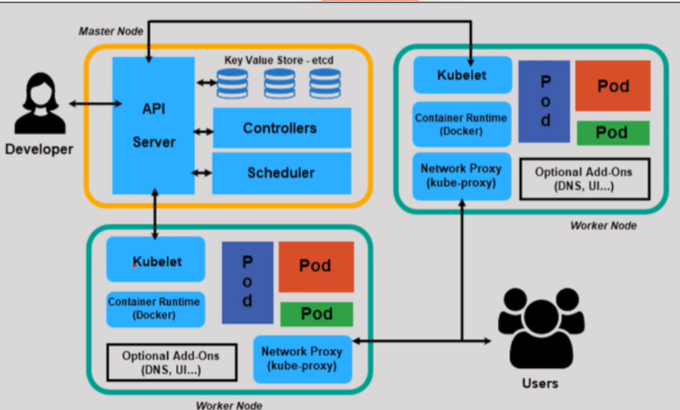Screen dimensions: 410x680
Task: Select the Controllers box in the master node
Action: pyautogui.click(x=281, y=128)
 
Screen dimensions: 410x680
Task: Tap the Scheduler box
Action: pyautogui.click(x=281, y=173)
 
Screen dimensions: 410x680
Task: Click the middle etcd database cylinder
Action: pyautogui.click(x=279, y=83)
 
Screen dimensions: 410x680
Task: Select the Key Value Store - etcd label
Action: pyautogui.click(x=278, y=60)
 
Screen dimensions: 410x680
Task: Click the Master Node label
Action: pyautogui.click(x=106, y=31)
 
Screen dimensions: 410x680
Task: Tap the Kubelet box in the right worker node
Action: pyautogui.click(x=462, y=75)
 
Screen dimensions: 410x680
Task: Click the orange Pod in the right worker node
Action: pyautogui.click(x=612, y=86)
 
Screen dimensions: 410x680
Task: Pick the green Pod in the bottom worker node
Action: pyautogui.click(x=316, y=313)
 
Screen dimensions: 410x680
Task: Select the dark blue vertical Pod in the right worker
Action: pyautogui.click(x=544, y=101)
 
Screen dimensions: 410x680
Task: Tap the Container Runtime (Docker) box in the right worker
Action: pyautogui.click(x=462, y=124)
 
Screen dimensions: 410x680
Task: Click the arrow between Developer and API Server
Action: pyautogui.click(x=95, y=103)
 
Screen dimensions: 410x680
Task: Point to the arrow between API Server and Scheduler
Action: pyautogui.click(x=202, y=173)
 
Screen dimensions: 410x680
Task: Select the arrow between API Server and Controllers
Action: pyautogui.click(x=203, y=132)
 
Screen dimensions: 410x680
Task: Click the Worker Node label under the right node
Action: pyautogui.click(x=603, y=226)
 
